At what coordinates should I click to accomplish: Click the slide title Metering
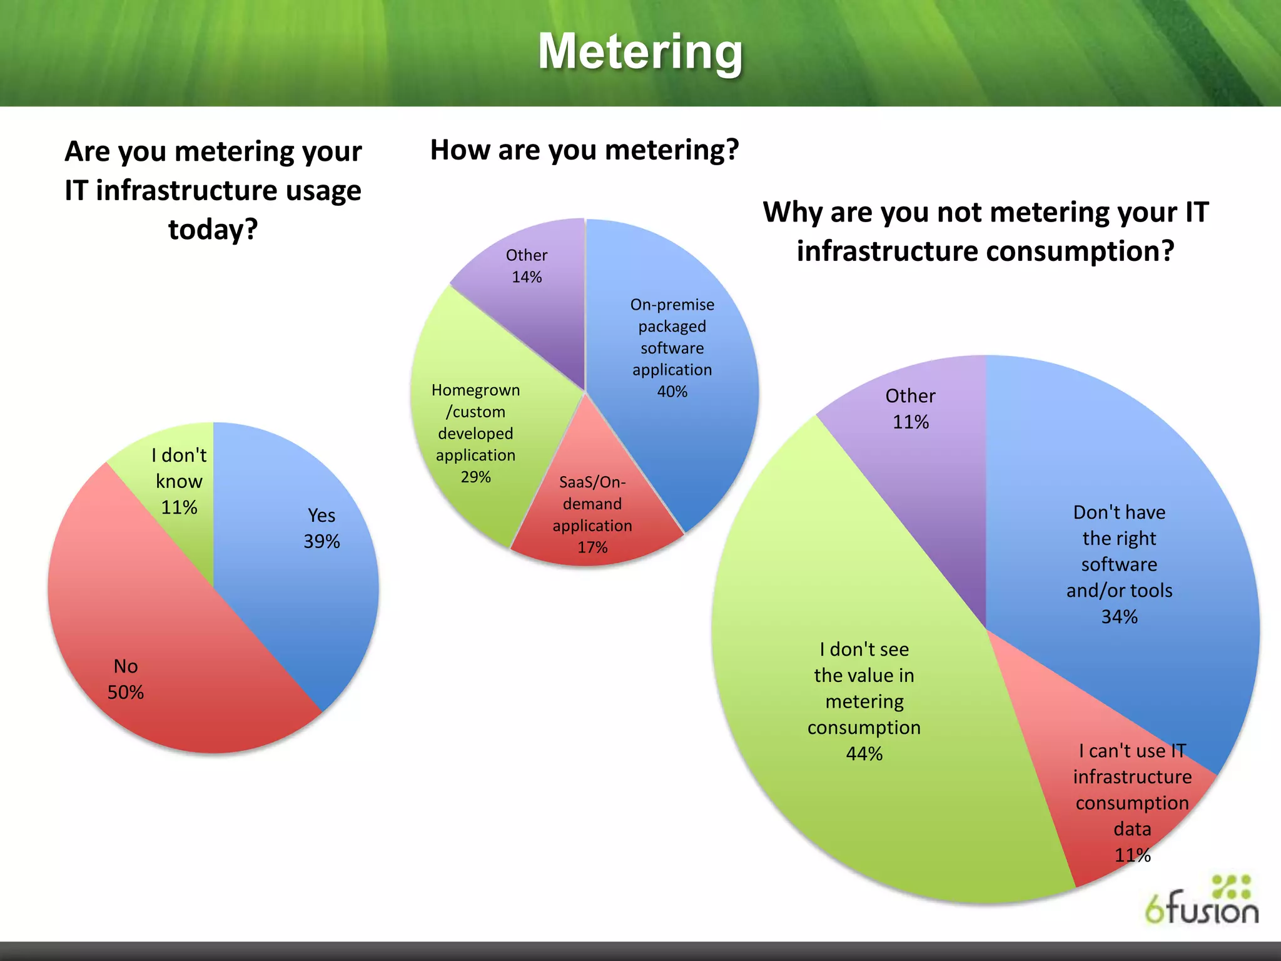coord(640,51)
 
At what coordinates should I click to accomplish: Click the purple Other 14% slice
coord(532,294)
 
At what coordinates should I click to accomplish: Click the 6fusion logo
coord(1201,901)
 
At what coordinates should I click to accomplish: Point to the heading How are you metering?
coord(584,150)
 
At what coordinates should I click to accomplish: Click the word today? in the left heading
coord(213,229)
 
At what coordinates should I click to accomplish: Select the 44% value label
coord(864,753)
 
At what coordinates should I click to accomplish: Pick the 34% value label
coord(1119,617)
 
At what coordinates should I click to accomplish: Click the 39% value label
coord(322,541)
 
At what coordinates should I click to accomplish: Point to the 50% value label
coord(126,692)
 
